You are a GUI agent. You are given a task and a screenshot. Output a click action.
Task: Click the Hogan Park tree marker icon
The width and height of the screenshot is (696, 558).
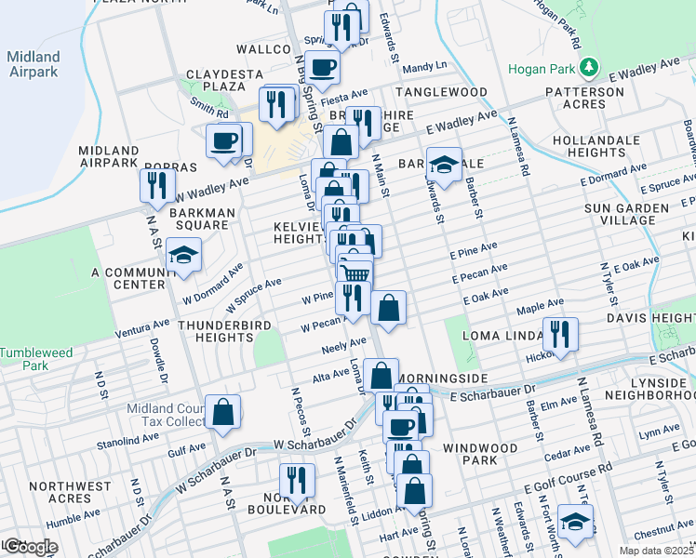click(x=588, y=68)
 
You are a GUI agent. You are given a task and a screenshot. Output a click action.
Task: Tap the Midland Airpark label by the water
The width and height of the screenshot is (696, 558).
click(x=33, y=64)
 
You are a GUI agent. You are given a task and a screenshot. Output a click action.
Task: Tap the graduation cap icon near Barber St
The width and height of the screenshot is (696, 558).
click(x=444, y=165)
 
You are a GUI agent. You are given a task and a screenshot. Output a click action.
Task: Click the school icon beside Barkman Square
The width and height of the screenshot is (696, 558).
click(x=183, y=256)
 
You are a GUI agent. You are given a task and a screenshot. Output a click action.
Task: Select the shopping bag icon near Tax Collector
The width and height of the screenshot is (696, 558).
click(x=223, y=412)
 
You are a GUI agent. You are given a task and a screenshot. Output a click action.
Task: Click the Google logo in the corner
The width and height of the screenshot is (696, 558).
click(x=30, y=547)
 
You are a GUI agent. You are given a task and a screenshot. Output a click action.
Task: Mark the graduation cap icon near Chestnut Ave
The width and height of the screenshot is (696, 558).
click(x=576, y=523)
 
